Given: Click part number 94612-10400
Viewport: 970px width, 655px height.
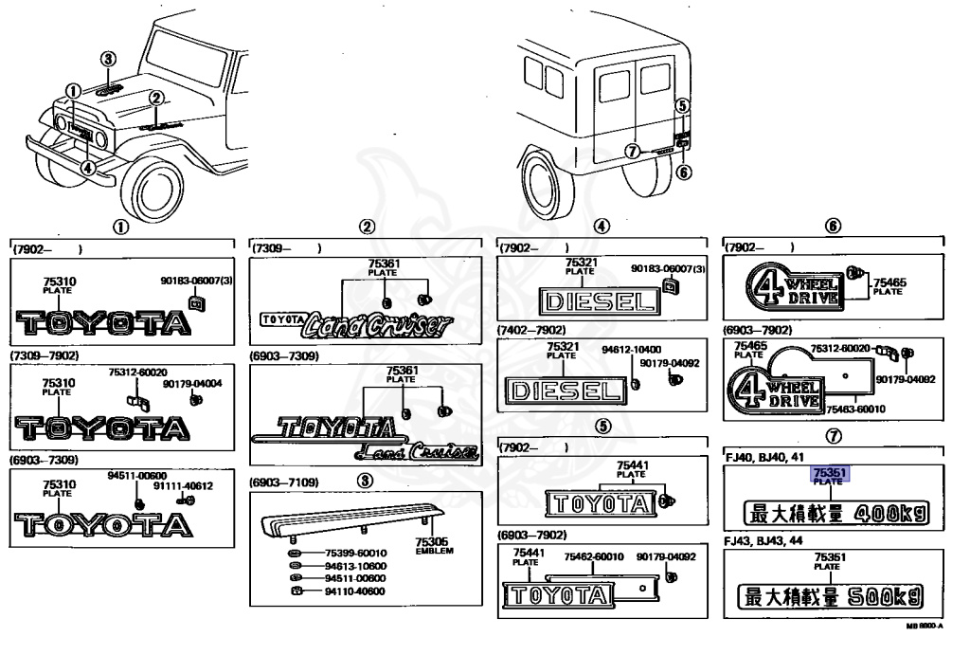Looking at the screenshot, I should pyautogui.click(x=631, y=349).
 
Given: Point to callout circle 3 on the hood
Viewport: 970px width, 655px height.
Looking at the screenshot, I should pyautogui.click(x=109, y=59).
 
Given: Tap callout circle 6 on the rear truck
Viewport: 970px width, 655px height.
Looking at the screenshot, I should pyautogui.click(x=685, y=172).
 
